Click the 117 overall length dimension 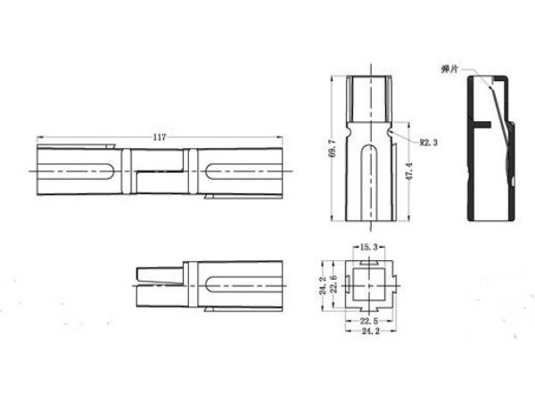click(160, 137)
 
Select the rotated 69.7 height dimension click(332, 149)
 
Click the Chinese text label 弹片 click(449, 69)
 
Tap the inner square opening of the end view click(365, 285)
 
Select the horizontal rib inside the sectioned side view click(484, 125)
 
